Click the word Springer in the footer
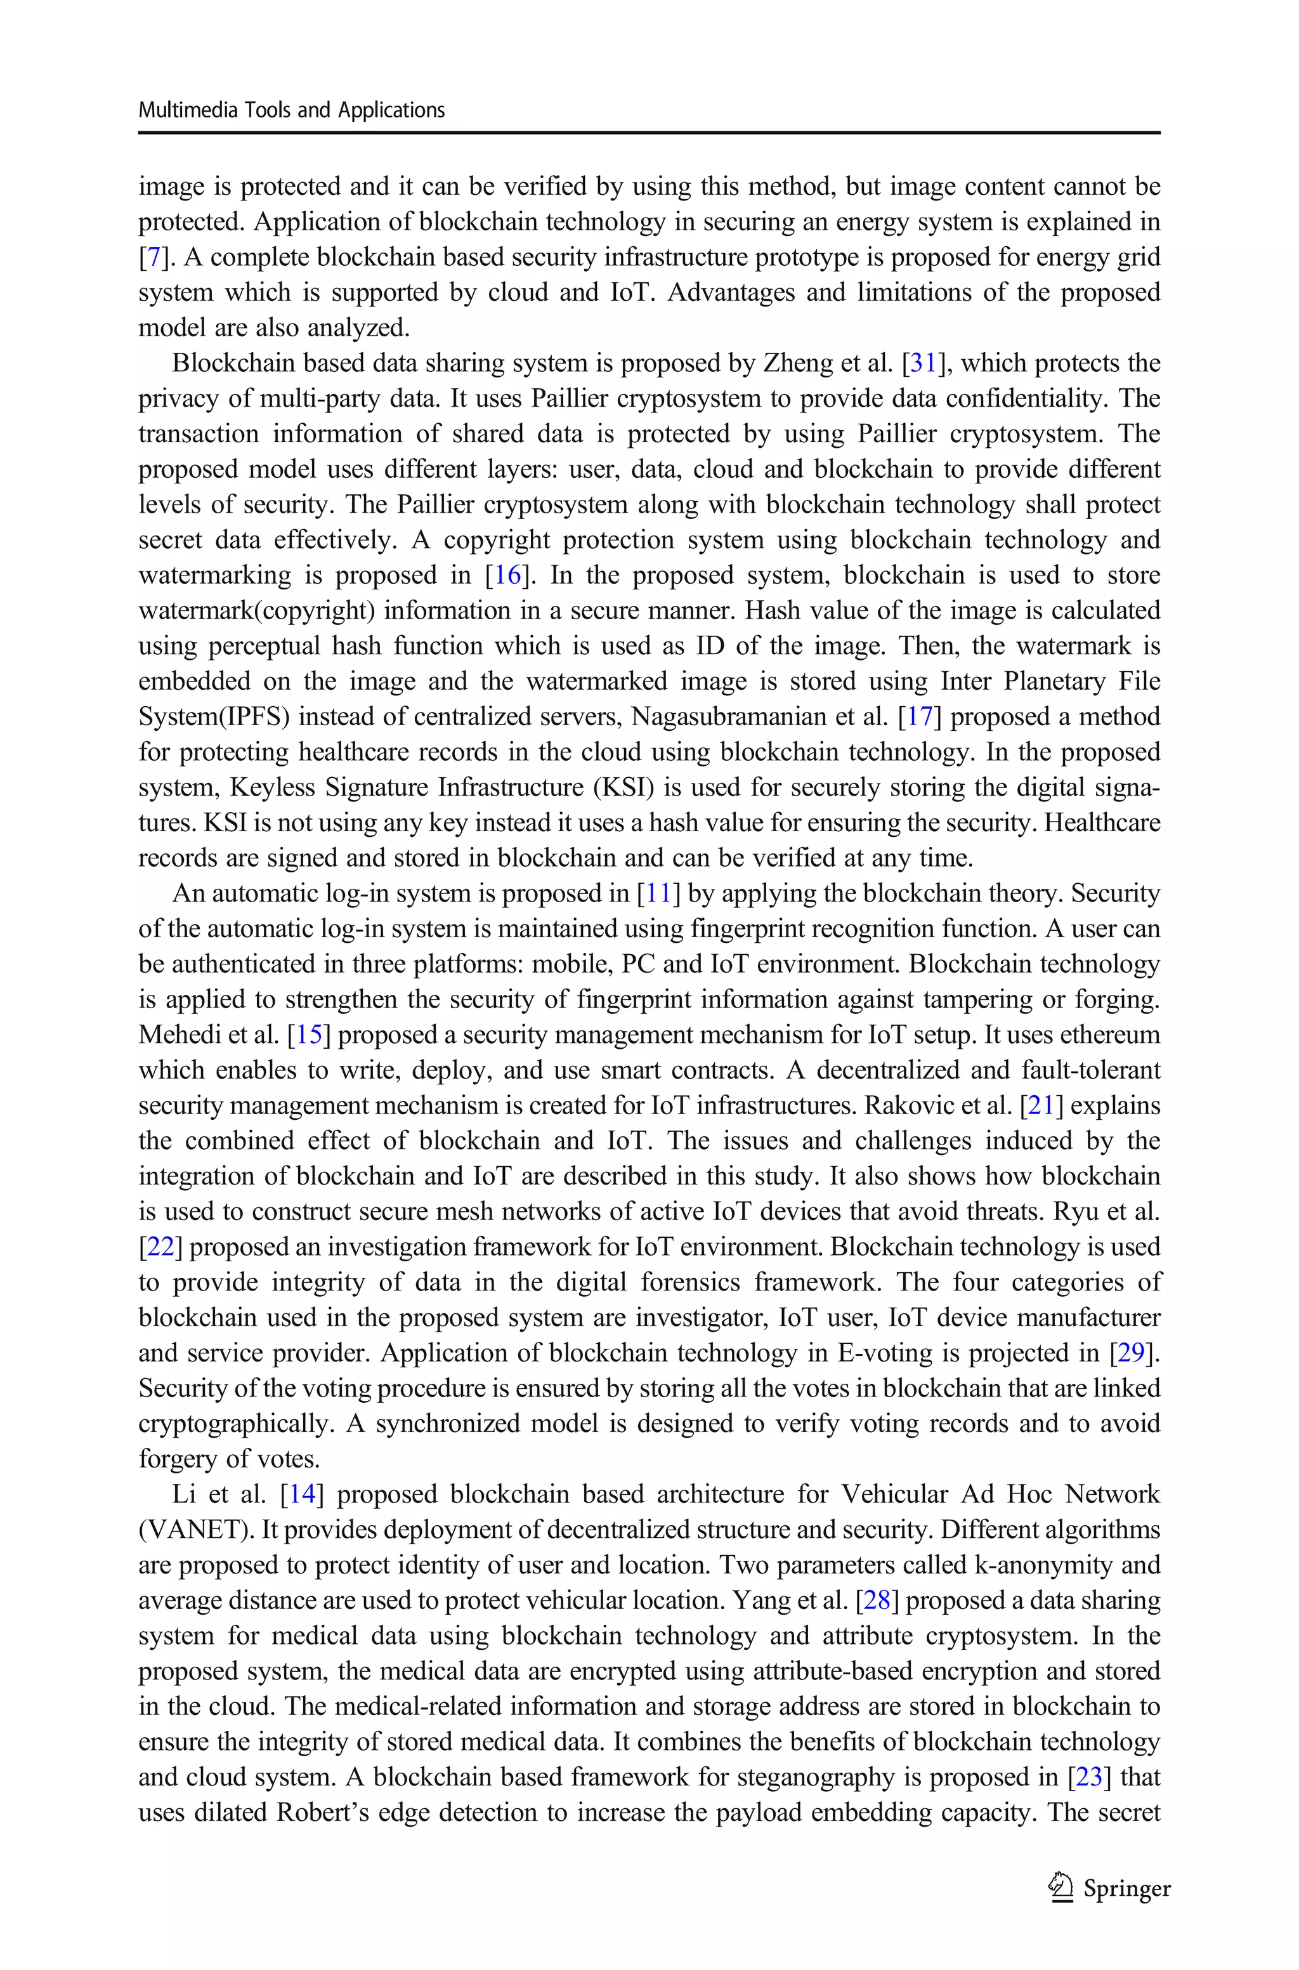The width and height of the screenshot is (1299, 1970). [1126, 1888]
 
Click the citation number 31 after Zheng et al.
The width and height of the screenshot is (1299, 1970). [922, 363]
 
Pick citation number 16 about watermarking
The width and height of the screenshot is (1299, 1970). [507, 575]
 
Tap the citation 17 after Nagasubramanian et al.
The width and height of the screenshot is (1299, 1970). [918, 716]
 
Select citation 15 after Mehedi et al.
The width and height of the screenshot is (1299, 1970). [308, 1035]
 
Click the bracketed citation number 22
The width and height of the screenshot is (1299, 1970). [160, 1247]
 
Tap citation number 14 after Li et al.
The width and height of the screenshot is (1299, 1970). [301, 1495]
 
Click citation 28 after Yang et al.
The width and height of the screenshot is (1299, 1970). [877, 1601]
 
